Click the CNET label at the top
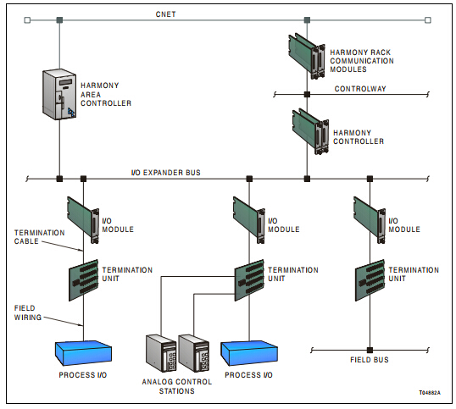[165, 14]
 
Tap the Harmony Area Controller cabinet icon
[59, 94]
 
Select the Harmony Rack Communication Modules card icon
[307, 56]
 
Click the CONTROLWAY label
[360, 89]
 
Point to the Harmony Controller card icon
[310, 131]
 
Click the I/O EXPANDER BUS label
[166, 173]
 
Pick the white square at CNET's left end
[27, 20]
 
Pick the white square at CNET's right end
[428, 20]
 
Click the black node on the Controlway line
[307, 94]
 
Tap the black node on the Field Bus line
[370, 350]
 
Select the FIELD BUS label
[370, 360]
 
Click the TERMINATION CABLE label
[40, 237]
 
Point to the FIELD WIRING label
[28, 312]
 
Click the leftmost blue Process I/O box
[83, 353]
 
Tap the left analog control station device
[161, 353]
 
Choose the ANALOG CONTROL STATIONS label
[177, 386]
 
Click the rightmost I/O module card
[370, 220]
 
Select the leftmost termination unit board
[83, 280]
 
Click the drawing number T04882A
[430, 393]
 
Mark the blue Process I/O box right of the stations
[249, 353]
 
